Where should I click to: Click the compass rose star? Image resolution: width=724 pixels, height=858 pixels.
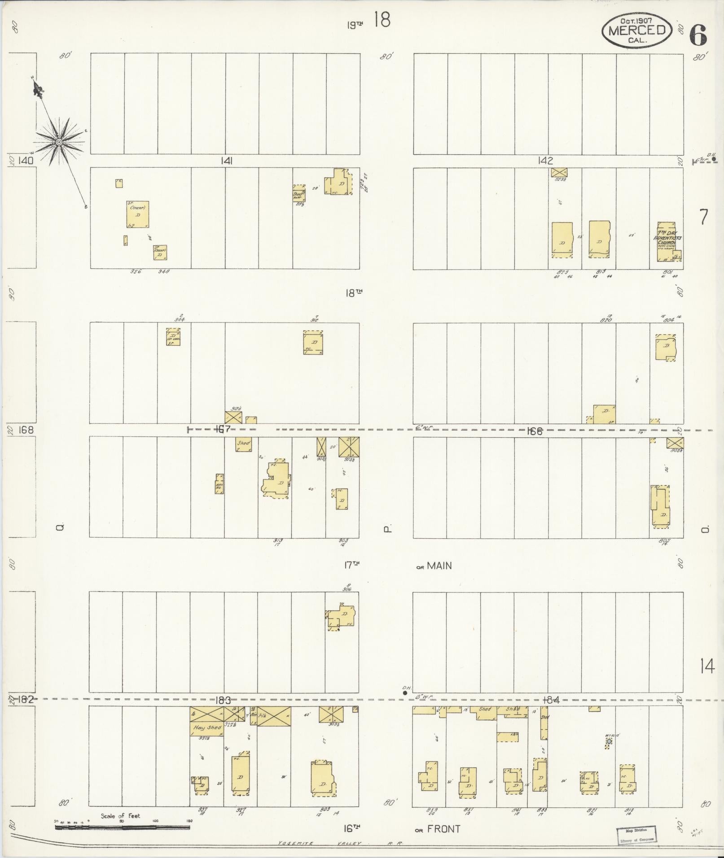(x=59, y=142)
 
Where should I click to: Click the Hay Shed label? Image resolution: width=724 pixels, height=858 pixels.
(x=207, y=727)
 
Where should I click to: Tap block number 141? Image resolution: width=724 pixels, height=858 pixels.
(x=226, y=161)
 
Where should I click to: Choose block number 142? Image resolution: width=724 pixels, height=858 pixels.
(x=545, y=161)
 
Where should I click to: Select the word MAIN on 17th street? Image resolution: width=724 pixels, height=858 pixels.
(x=439, y=566)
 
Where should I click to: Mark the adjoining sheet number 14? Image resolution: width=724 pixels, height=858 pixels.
(x=706, y=680)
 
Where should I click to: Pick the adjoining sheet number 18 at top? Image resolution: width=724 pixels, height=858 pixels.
(x=382, y=20)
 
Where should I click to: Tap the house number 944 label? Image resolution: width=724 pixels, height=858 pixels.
(x=180, y=320)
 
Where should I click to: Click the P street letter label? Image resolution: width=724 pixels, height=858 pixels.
(x=387, y=529)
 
